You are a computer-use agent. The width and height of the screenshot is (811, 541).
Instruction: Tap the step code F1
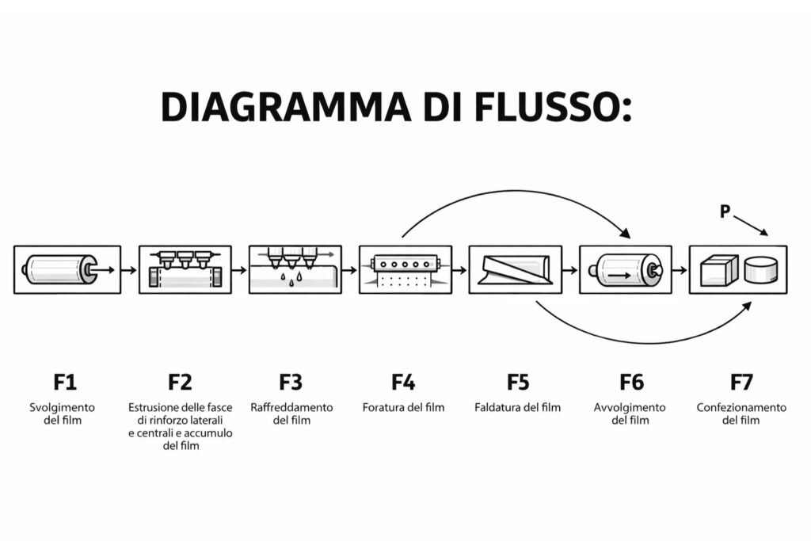click(x=65, y=383)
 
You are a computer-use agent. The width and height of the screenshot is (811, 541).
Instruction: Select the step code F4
click(x=403, y=383)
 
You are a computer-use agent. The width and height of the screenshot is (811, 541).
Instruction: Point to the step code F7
click(x=741, y=383)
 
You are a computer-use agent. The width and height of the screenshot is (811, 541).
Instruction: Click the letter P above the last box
click(x=724, y=211)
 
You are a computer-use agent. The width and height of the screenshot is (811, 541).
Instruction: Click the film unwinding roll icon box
click(x=67, y=269)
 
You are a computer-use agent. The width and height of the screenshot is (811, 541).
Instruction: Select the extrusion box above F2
click(x=185, y=269)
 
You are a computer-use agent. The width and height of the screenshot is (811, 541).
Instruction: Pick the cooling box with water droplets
click(x=295, y=269)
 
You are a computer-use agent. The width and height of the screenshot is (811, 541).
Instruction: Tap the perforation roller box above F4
click(x=405, y=269)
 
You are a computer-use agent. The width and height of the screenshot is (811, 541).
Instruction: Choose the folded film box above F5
click(x=515, y=269)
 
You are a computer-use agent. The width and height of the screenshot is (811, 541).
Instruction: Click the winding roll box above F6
click(x=625, y=269)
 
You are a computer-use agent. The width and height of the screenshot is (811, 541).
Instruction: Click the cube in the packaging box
click(x=719, y=270)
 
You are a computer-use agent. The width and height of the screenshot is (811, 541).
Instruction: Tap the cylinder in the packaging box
click(x=761, y=270)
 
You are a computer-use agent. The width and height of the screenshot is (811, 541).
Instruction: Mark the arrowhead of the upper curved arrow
click(x=625, y=233)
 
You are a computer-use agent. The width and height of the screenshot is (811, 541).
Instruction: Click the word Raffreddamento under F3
click(x=291, y=408)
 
